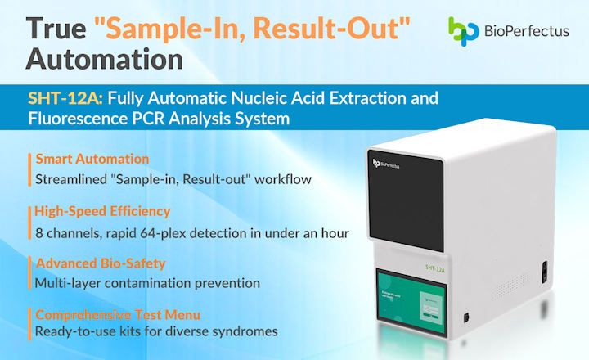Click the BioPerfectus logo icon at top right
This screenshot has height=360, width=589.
click(x=464, y=30)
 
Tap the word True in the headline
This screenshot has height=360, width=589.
click(x=56, y=26)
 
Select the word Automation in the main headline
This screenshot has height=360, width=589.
click(x=104, y=60)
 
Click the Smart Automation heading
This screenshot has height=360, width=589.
click(x=92, y=159)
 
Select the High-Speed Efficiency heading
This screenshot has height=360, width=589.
click(x=102, y=211)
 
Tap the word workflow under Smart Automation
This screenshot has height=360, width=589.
click(x=290, y=178)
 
